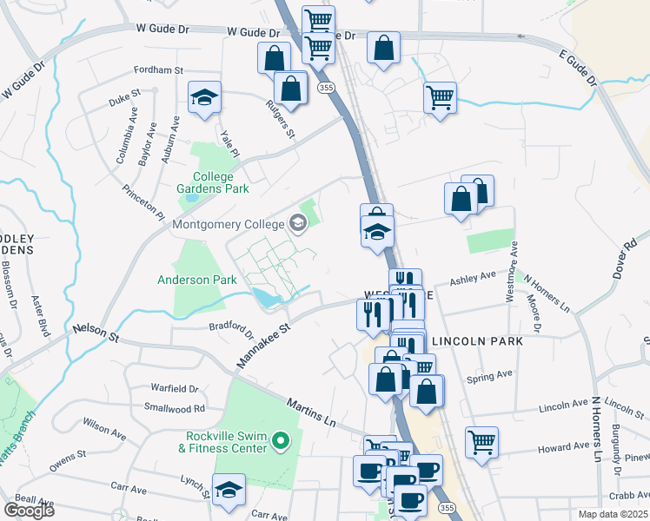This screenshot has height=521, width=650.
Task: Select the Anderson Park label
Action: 196,280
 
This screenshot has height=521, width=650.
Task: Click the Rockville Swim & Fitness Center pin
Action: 280,443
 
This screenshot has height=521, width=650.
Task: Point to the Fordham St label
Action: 159,70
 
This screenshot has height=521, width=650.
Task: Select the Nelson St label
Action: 95,330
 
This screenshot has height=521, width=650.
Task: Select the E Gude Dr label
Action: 580,68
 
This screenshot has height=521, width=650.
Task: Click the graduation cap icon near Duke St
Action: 205,98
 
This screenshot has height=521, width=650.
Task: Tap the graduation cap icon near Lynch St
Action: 229,491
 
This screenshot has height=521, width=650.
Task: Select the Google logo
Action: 29,510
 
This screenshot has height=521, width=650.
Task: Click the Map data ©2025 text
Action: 612,514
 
